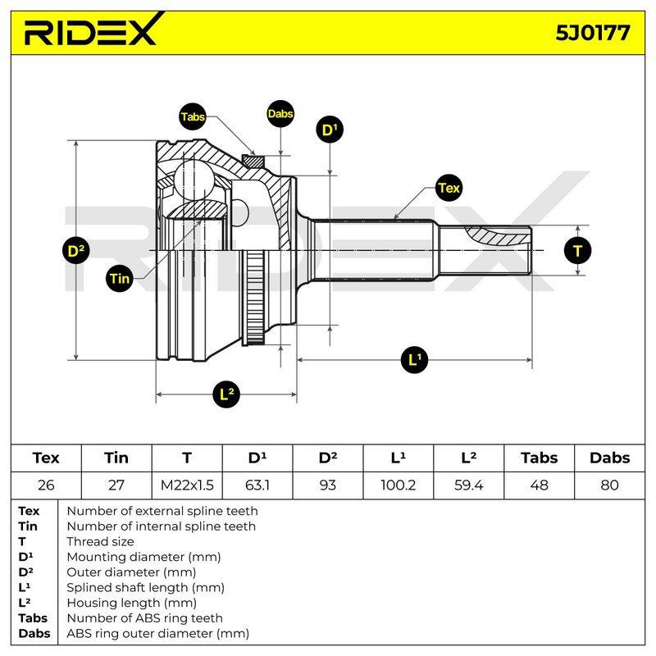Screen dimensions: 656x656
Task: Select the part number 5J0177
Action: pos(592,33)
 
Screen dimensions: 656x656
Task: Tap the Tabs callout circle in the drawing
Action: pos(193,116)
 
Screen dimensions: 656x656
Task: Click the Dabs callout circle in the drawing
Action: pos(280,114)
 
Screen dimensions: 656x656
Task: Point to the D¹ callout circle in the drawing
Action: pos(330,130)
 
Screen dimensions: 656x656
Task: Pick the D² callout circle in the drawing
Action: pos(75,251)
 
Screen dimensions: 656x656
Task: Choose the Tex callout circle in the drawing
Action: pos(449,188)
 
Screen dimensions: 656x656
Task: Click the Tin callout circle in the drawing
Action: pos(120,278)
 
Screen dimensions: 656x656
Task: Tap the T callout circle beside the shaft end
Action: pos(577,251)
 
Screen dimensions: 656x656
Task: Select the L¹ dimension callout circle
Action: pos(414,360)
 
